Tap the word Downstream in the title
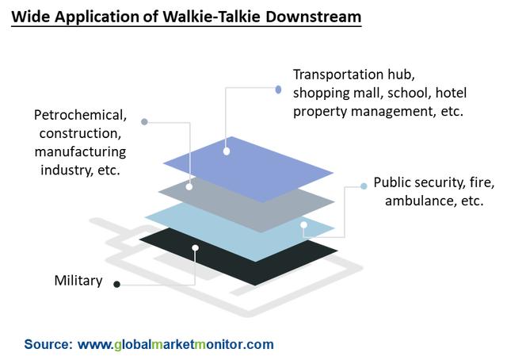pyautogui.click(x=314, y=17)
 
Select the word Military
pyautogui.click(x=78, y=281)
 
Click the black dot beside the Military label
pyautogui.click(x=117, y=284)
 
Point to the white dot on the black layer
pyautogui.click(x=196, y=248)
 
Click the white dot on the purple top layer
pyautogui.click(x=227, y=151)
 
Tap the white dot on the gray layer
pyautogui.click(x=189, y=187)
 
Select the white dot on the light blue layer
pyautogui.click(x=303, y=225)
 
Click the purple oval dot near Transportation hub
pyautogui.click(x=278, y=90)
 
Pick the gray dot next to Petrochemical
pyautogui.click(x=144, y=122)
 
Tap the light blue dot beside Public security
pyautogui.click(x=364, y=186)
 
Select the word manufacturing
pyautogui.click(x=80, y=151)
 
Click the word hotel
pyautogui.click(x=451, y=93)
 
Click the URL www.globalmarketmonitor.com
pyautogui.click(x=176, y=344)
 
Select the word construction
pyautogui.click(x=80, y=133)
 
